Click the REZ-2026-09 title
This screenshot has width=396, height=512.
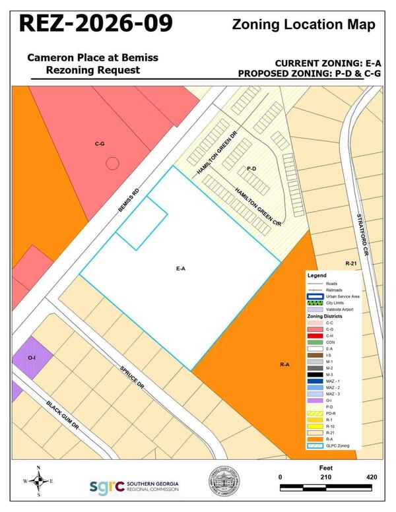tap(96, 24)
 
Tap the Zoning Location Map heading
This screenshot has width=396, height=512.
tap(304, 25)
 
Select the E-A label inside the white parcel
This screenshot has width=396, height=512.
tap(180, 269)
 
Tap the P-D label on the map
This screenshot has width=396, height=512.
tap(251, 169)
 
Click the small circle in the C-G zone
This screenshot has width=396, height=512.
tap(113, 162)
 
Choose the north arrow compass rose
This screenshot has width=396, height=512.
tap(38, 482)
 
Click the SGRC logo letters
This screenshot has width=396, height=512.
tap(106, 486)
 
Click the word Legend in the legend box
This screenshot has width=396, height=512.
tap(317, 274)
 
